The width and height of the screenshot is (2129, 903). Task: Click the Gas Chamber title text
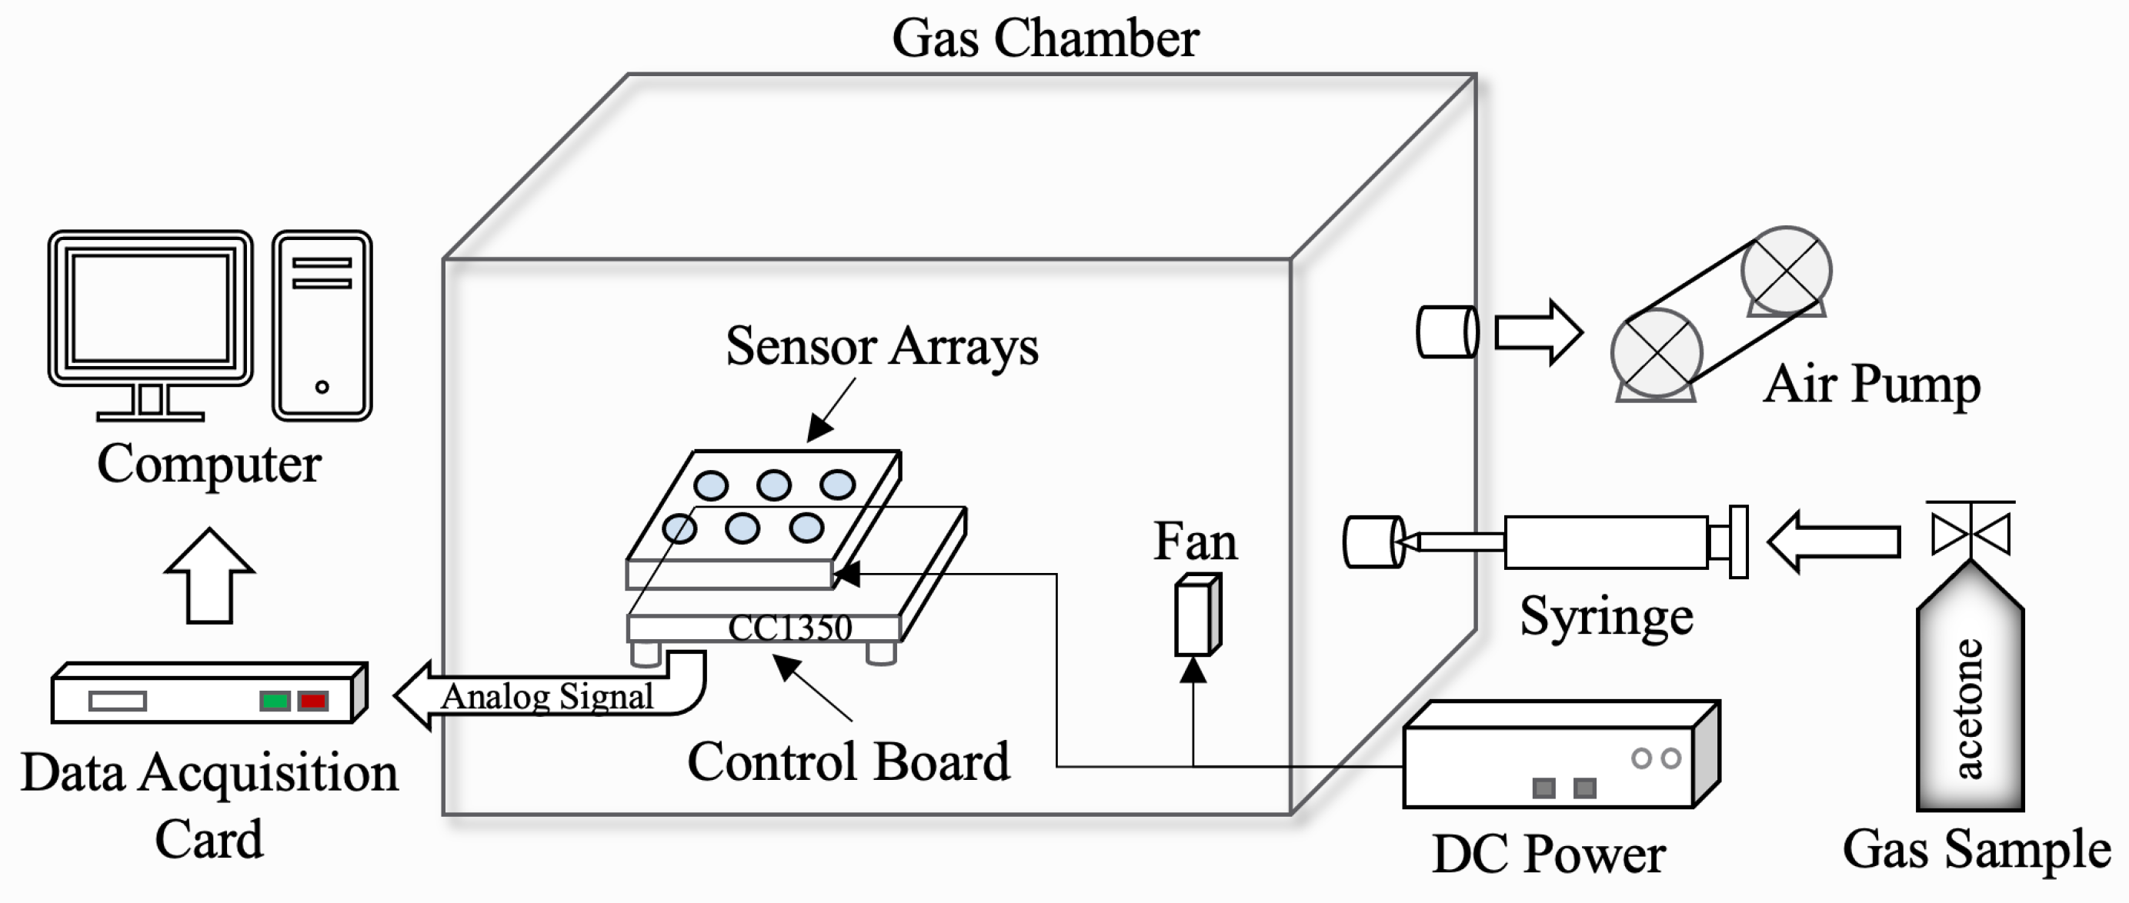pos(1045,38)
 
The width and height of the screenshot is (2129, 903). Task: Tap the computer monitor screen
pos(149,308)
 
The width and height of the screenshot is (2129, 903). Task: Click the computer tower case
pos(322,325)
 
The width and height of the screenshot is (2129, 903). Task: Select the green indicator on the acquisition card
pos(275,701)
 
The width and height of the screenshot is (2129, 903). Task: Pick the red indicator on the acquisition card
pos(314,701)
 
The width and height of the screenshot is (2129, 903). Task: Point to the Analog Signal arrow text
pos(546,696)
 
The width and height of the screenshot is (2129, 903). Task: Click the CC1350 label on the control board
pos(789,628)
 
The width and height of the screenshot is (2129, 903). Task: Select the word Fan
pos(1195,542)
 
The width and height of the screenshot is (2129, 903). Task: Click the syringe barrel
pos(1605,543)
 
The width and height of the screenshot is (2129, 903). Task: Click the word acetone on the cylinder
pos(1970,709)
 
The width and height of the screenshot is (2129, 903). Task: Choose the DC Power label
pos(1548,855)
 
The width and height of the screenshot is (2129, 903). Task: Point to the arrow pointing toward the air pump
pos(1538,332)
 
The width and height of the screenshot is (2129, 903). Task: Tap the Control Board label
pos(848,761)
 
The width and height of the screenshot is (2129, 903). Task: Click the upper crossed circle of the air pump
pos(1786,271)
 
